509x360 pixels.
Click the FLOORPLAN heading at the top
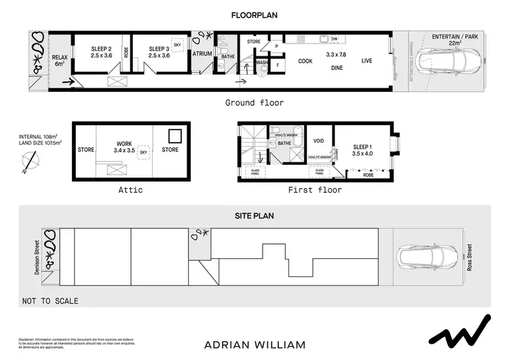pos(254,14)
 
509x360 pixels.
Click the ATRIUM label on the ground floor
pos(203,52)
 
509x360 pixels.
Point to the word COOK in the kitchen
pos(305,61)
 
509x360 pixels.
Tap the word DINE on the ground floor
pos(337,68)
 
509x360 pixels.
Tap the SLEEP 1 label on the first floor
pos(362,149)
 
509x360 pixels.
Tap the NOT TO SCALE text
pos(50,301)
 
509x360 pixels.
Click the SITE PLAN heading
pos(254,215)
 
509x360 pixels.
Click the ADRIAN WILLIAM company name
pos(254,345)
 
